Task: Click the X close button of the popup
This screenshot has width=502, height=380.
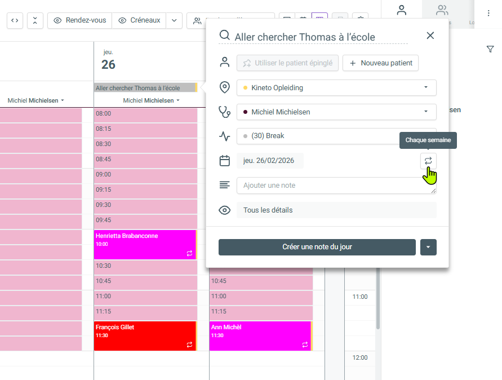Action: click(430, 36)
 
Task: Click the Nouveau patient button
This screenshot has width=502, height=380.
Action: click(380, 63)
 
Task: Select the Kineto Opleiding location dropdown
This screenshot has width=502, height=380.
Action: click(336, 88)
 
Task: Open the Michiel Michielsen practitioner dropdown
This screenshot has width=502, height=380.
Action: click(336, 112)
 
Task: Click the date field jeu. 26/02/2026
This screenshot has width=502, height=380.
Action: click(270, 161)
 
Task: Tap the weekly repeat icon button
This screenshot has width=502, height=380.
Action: click(428, 161)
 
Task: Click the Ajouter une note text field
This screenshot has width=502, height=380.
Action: click(336, 185)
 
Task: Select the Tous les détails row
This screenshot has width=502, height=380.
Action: click(336, 210)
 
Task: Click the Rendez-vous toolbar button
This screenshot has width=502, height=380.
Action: click(80, 20)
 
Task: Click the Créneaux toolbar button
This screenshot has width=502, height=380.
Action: click(139, 20)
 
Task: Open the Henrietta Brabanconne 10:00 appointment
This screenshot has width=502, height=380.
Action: click(145, 244)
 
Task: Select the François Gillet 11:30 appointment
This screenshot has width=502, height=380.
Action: click(145, 335)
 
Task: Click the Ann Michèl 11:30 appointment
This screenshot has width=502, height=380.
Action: click(260, 335)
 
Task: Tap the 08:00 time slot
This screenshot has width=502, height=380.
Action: click(145, 114)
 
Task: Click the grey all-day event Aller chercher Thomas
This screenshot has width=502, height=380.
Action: click(145, 88)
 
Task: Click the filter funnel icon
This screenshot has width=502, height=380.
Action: click(490, 50)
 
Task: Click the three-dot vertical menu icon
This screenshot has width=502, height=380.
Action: click(488, 13)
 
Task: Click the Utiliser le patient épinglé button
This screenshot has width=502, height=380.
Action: click(287, 63)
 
